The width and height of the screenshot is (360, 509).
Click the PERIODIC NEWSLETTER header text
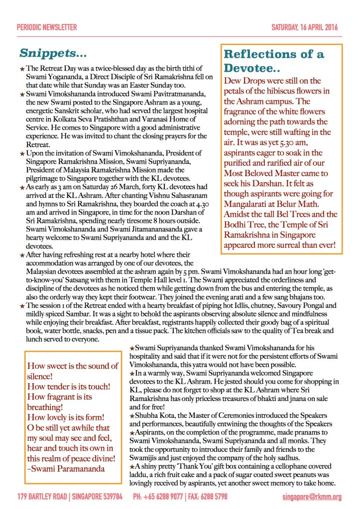[x=47, y=28]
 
